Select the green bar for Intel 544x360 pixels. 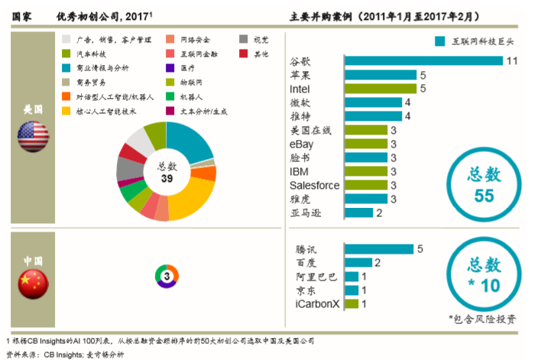[380, 89]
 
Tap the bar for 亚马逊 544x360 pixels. [358, 212]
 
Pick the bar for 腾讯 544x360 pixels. [379, 248]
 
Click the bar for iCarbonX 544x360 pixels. [351, 303]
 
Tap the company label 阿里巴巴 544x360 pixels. [315, 276]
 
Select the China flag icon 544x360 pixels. [34, 285]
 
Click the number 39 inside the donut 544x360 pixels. [167, 178]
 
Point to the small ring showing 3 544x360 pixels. [167, 273]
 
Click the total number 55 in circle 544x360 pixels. [484, 196]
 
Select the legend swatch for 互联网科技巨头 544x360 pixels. [439, 41]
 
